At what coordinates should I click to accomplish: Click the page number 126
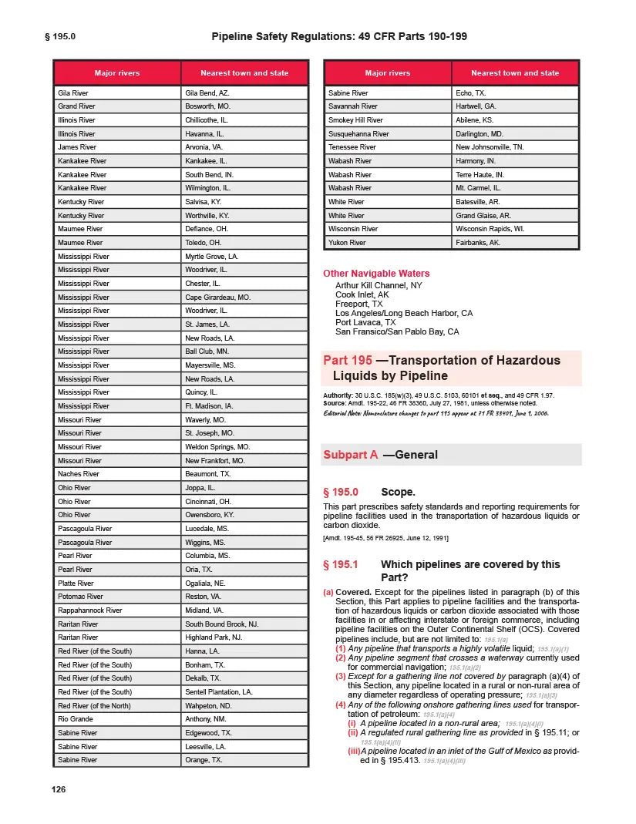pyautogui.click(x=58, y=789)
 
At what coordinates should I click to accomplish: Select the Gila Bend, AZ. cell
pyautogui.click(x=207, y=92)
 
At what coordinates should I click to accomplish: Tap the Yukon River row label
pyautogui.click(x=347, y=243)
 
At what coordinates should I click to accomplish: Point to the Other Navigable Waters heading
pyautogui.click(x=376, y=274)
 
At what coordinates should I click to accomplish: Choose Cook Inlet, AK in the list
pyautogui.click(x=362, y=294)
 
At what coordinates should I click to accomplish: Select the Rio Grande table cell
pyautogui.click(x=76, y=719)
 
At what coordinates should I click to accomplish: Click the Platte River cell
pyautogui.click(x=76, y=584)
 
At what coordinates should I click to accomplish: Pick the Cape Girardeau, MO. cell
pyautogui.click(x=218, y=297)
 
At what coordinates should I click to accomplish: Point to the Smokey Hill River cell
pyautogui.click(x=355, y=120)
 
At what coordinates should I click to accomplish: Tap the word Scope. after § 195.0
pyautogui.click(x=399, y=492)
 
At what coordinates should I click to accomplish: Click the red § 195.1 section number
pyautogui.click(x=341, y=565)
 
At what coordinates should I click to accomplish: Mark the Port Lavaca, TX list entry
pyautogui.click(x=365, y=322)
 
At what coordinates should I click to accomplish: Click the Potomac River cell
pyautogui.click(x=80, y=597)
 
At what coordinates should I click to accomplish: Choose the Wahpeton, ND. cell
pyautogui.click(x=208, y=705)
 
